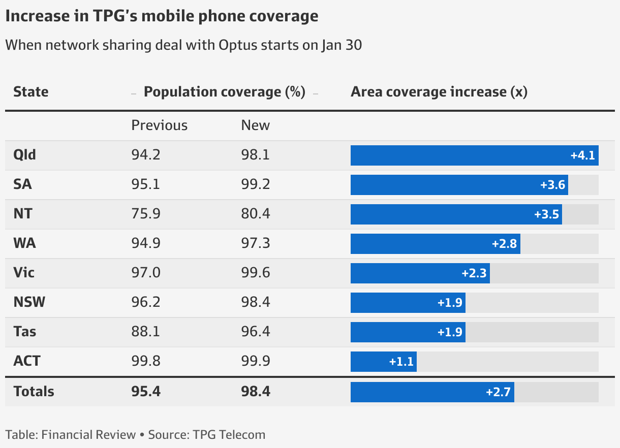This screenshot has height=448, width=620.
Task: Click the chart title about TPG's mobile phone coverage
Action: pos(162,16)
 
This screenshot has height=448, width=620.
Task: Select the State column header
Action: pos(31,92)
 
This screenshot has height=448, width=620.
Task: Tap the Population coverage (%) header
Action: pos(225,92)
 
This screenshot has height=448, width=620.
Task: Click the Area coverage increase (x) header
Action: pos(439,92)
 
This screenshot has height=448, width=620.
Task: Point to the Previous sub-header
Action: pos(160,125)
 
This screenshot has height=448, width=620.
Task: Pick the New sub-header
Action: pos(256,125)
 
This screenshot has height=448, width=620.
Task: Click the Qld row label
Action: pos(25,155)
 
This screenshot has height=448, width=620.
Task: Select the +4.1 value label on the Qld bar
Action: pos(582,155)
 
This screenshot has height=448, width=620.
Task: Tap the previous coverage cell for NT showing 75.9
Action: pos(146,214)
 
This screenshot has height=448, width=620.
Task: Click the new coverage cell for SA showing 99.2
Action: pos(256,184)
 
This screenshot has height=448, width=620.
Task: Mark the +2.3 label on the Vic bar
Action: pos(474,273)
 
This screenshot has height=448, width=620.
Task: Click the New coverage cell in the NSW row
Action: pos(256,302)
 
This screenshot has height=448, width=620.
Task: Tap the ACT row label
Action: pos(27,361)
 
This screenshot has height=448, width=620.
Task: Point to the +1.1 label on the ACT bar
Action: pos(401,362)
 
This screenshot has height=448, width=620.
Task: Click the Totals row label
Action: pos(34,392)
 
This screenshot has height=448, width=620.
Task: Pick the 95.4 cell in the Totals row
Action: pos(146,392)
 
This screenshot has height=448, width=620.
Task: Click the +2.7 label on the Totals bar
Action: pos(498,392)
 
